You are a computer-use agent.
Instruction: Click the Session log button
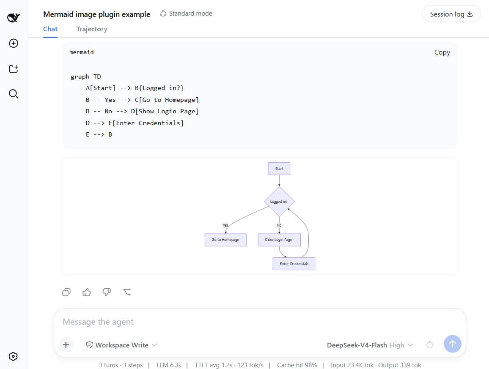coord(451,14)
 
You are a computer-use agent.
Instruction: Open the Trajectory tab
coord(92,29)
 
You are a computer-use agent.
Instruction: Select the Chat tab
coord(50,29)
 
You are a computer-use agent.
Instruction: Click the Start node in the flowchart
coord(279,169)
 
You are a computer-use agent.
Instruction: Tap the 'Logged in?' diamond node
coord(279,202)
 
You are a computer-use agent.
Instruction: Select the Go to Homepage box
coord(225,240)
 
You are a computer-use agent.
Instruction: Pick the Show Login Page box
coord(279,240)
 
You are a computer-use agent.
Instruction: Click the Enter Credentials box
coord(294,264)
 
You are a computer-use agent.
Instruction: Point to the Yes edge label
coord(225,225)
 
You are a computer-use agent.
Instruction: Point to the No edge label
coord(279,225)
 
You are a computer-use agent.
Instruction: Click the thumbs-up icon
coord(87,292)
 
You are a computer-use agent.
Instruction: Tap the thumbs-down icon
coord(107,292)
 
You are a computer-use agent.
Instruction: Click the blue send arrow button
coord(452,344)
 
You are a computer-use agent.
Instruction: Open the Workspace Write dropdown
coord(122,345)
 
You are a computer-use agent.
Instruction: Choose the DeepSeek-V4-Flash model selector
coord(370,345)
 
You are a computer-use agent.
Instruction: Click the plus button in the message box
coord(66,344)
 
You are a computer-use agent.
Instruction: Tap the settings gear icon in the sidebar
coord(13,356)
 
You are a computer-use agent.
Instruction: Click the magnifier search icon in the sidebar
coord(14,94)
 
